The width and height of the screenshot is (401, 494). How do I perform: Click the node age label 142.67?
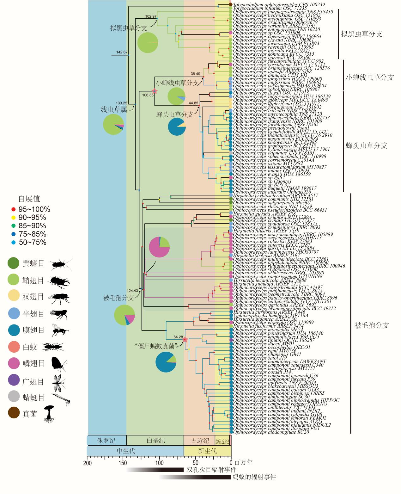point(122,52)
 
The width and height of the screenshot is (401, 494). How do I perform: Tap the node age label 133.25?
point(121,103)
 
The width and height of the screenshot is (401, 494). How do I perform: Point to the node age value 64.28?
point(178,337)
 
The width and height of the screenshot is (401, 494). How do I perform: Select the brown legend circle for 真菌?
point(14,414)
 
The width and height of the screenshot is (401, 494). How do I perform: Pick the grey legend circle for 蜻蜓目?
point(14,397)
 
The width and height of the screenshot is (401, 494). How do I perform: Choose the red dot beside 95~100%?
point(14,209)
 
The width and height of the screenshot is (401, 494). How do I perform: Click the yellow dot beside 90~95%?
point(14,218)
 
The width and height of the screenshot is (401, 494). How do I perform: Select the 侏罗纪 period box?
point(106,441)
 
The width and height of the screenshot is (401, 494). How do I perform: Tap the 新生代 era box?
point(207,450)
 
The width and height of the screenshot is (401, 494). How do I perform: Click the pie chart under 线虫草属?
point(113,125)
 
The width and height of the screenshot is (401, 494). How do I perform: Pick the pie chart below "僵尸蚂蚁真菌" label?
point(166,362)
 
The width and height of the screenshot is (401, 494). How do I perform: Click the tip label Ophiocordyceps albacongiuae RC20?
point(271,432)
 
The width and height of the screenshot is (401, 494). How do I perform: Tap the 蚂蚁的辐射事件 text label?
point(254,477)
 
